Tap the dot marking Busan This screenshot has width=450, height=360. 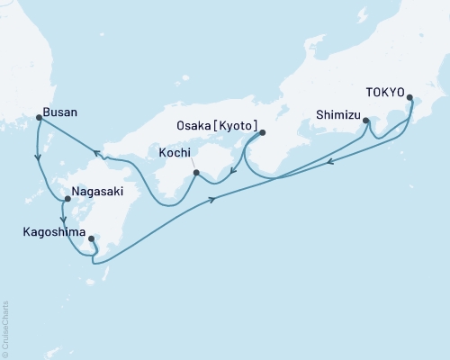click(38, 117)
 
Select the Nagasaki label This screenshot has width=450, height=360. click(97, 193)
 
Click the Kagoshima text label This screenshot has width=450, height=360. click(54, 231)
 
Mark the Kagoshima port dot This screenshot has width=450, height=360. click(92, 238)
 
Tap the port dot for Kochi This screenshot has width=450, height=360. click(196, 171)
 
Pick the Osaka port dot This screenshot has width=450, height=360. click(262, 133)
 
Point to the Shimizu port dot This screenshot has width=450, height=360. click(365, 120)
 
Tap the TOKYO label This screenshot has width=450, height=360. click(384, 92)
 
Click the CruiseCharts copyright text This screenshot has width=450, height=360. click(5, 328)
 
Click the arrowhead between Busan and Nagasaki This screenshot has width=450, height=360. click(37, 158)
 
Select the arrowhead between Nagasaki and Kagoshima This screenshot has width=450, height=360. click(62, 219)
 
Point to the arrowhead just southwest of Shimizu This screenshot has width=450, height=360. click(330, 162)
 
